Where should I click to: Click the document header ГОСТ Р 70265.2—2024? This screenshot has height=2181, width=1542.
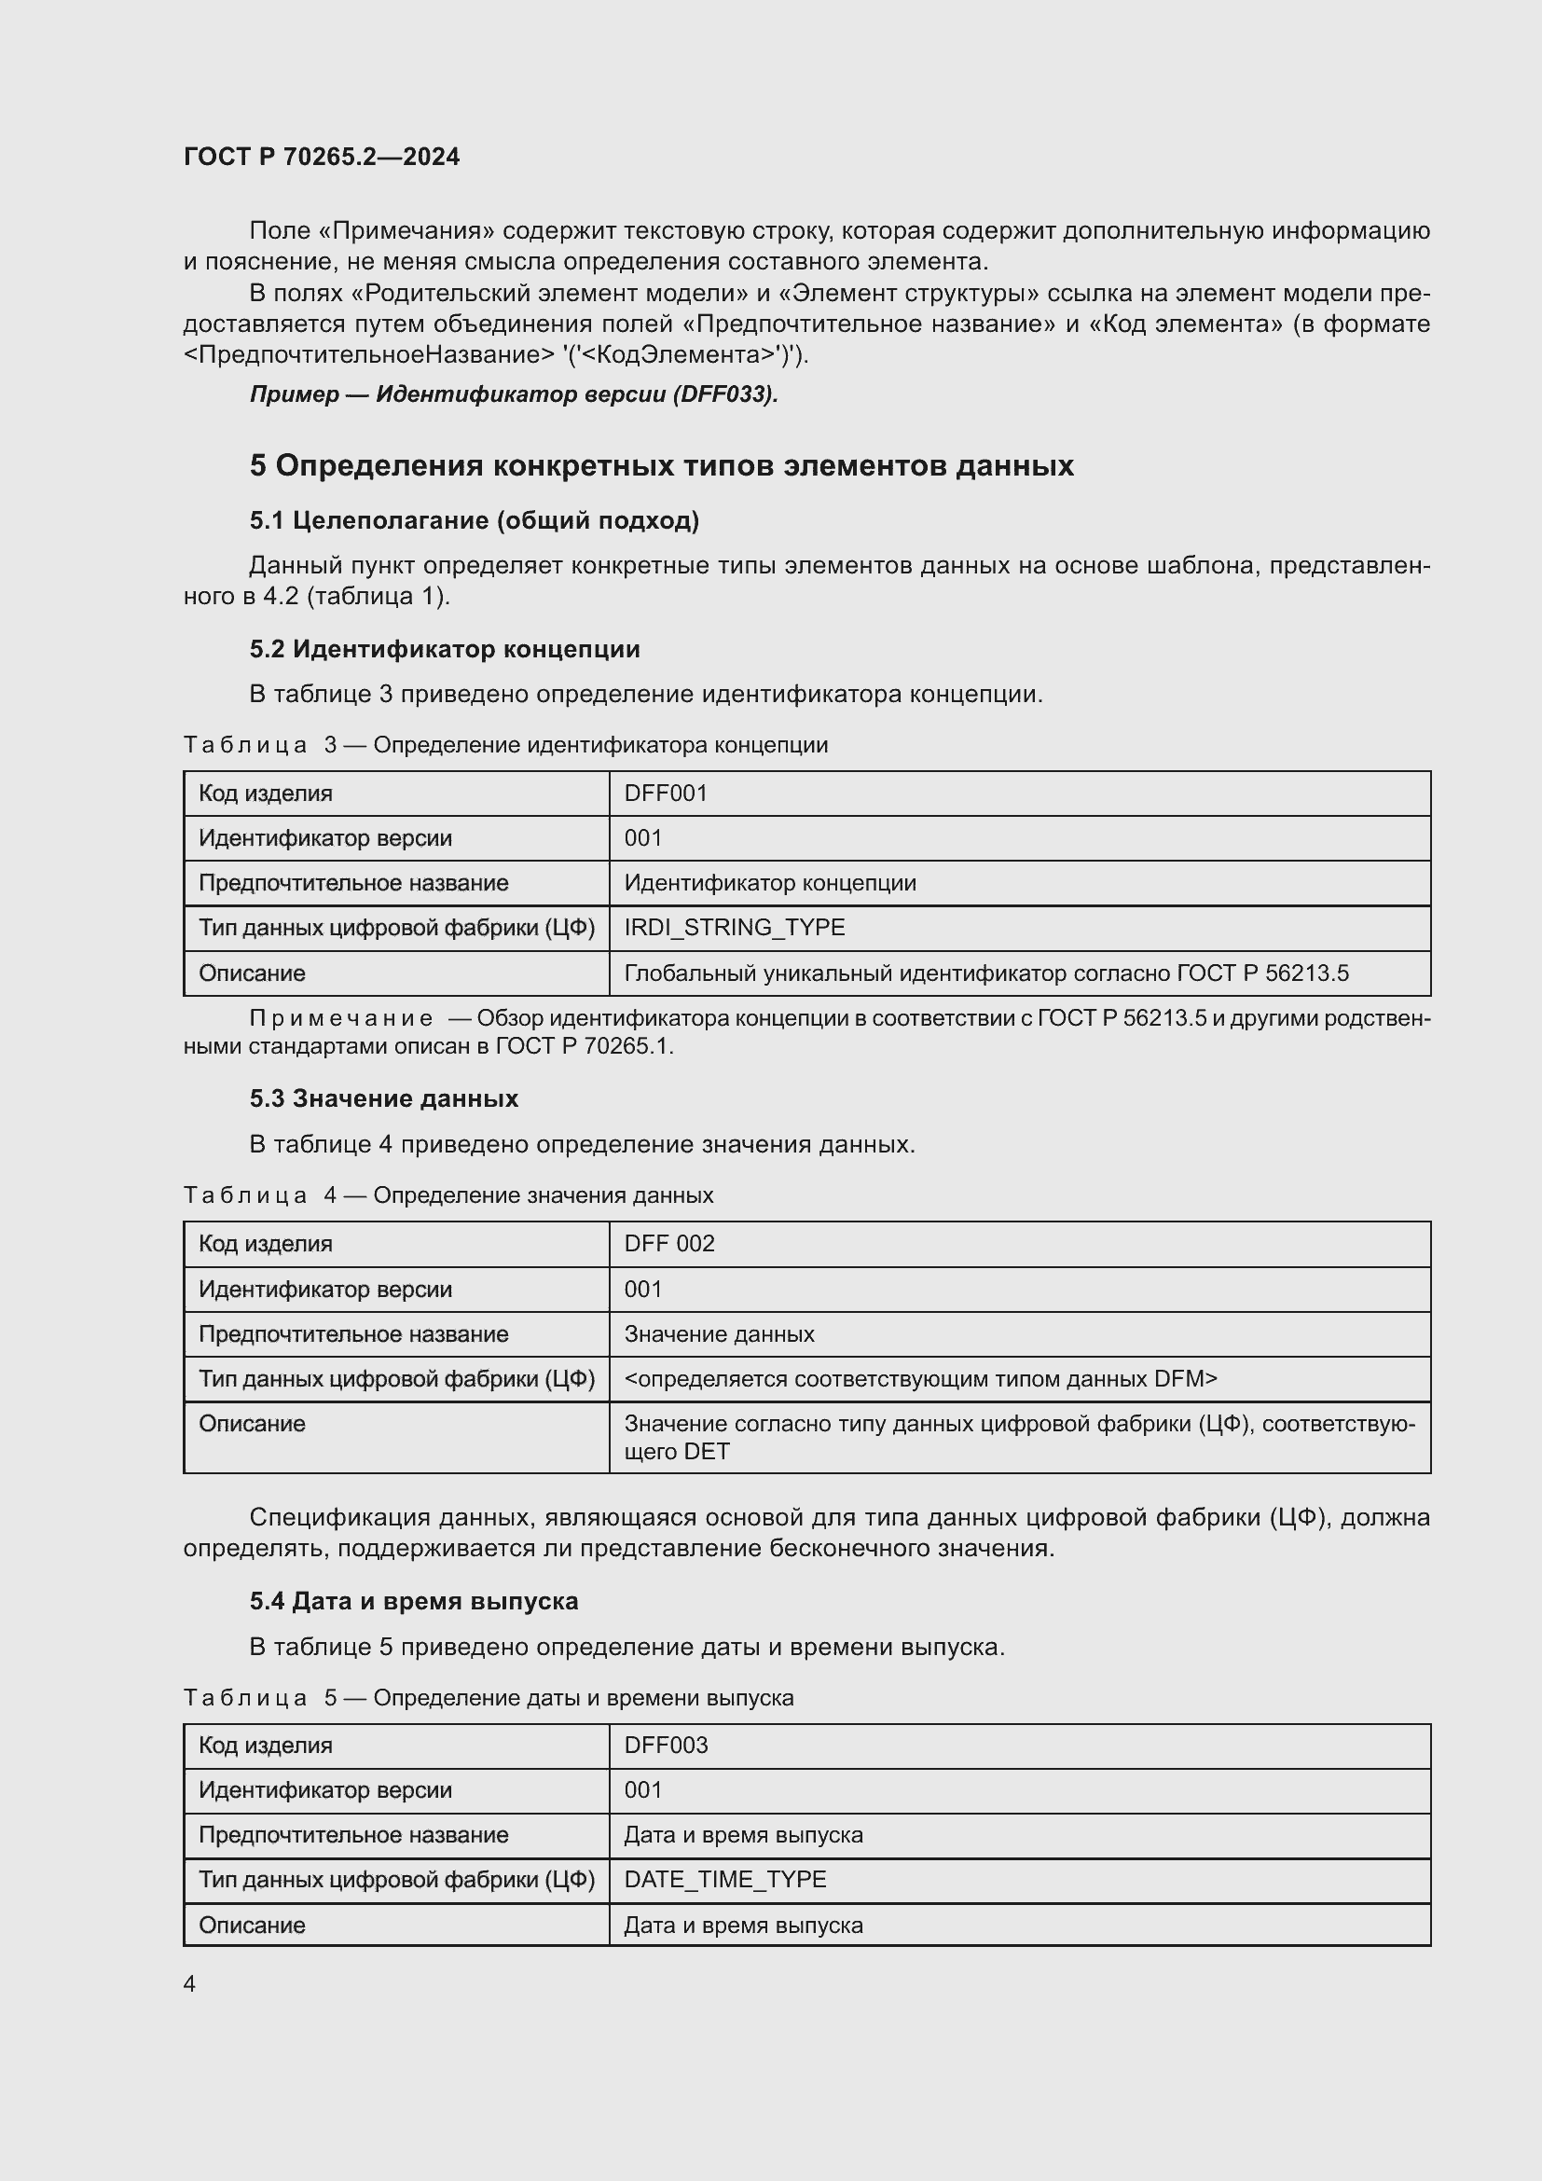[x=321, y=157]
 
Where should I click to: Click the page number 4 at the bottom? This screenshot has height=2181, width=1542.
[x=189, y=1983]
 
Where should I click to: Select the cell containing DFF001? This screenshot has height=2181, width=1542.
[x=666, y=794]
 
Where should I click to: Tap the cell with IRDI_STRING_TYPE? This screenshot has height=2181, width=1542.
[x=734, y=927]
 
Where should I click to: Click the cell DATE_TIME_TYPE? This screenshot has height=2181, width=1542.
[x=724, y=1879]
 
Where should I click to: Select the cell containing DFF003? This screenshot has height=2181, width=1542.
[x=666, y=1745]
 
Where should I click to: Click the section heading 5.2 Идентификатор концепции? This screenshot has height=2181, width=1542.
[x=445, y=649]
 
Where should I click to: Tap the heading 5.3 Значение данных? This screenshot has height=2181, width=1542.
[x=383, y=1098]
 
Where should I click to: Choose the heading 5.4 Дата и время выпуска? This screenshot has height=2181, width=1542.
[x=414, y=1601]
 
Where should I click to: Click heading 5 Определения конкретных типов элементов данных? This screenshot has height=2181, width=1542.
[x=662, y=465]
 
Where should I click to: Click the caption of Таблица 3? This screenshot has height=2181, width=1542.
[x=505, y=745]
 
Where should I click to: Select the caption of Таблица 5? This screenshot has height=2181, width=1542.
[x=488, y=1697]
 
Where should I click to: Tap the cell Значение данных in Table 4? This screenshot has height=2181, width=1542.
[x=719, y=1333]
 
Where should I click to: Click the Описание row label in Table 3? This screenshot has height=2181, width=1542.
[x=252, y=973]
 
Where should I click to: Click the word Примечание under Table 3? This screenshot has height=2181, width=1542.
[x=340, y=1018]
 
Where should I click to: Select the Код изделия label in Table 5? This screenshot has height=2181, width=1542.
[x=265, y=1745]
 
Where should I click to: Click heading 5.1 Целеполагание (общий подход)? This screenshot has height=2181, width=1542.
[x=474, y=519]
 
